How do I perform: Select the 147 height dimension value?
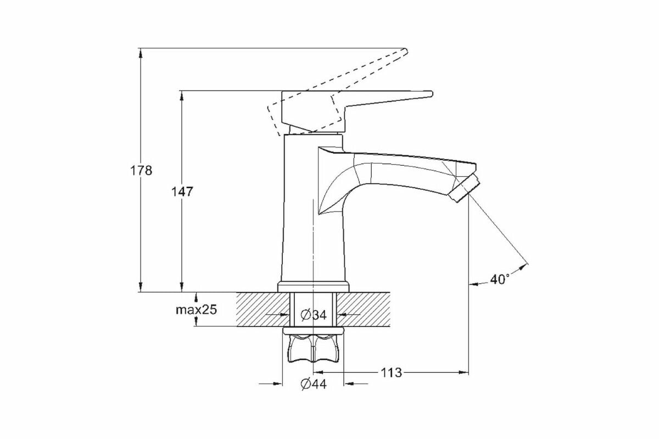pos(182,192)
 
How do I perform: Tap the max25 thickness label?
pos(196,309)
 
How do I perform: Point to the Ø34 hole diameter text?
pos(314,315)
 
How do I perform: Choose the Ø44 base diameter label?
pos(314,384)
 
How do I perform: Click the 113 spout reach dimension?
pos(391,373)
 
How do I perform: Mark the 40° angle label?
pos(499,279)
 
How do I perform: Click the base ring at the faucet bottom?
pos(314,286)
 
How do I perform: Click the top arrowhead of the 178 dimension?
pos(141,53)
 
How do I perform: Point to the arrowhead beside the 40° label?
pos(473,284)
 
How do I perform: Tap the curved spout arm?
pos(395,170)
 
